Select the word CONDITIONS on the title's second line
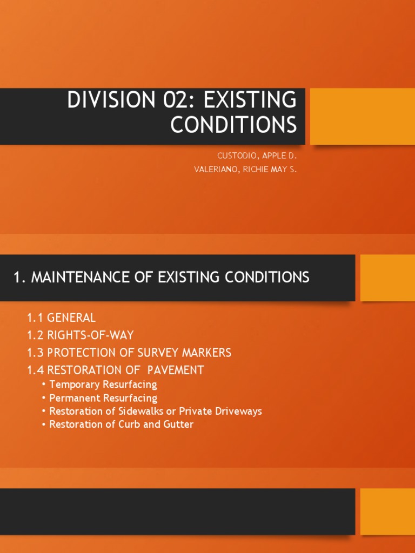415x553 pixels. pyautogui.click(x=233, y=124)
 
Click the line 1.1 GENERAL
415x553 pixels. pyautogui.click(x=61, y=318)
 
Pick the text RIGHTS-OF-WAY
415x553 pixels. pyautogui.click(x=90, y=335)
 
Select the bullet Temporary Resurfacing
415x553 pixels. pyautogui.click(x=103, y=385)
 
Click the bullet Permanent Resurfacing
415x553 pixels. pyautogui.click(x=103, y=398)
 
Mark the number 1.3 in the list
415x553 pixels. pyautogui.click(x=36, y=353)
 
